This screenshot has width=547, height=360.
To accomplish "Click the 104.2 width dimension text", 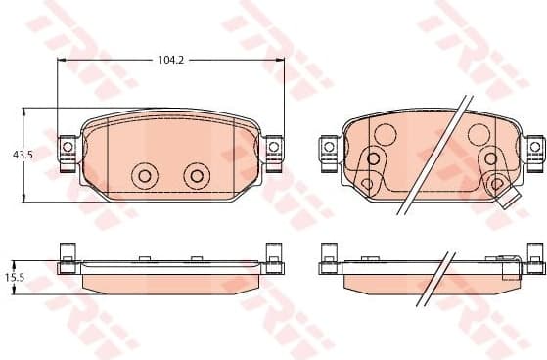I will pyautogui.click(x=170, y=60).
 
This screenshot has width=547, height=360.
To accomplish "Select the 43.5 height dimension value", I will pyautogui.click(x=21, y=155).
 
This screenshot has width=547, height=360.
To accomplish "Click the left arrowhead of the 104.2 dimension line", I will pyautogui.click(x=62, y=60).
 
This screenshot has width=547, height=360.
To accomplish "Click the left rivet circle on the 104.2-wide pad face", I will pyautogui.click(x=144, y=175).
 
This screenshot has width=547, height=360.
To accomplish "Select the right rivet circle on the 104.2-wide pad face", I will pyautogui.click(x=197, y=175).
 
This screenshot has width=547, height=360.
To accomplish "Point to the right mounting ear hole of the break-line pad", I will pyautogui.click(x=534, y=147).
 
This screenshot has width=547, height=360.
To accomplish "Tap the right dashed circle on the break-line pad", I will pyautogui.click(x=479, y=134).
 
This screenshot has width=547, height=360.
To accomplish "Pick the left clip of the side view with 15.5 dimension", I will pyautogui.click(x=68, y=256).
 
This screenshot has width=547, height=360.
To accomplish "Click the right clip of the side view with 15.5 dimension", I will pyautogui.click(x=272, y=256).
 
